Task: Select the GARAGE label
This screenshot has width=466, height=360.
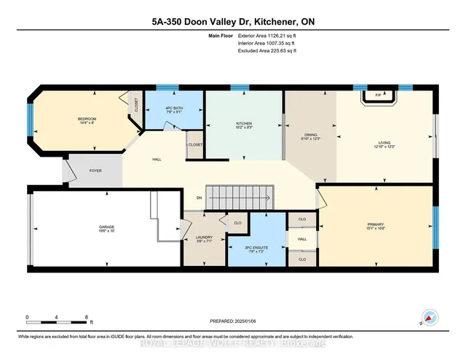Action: point(106,229)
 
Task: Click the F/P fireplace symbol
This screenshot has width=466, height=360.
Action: point(378,95)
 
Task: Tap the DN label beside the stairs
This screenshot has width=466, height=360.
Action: point(198,197)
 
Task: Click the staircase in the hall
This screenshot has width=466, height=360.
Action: point(241,196)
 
